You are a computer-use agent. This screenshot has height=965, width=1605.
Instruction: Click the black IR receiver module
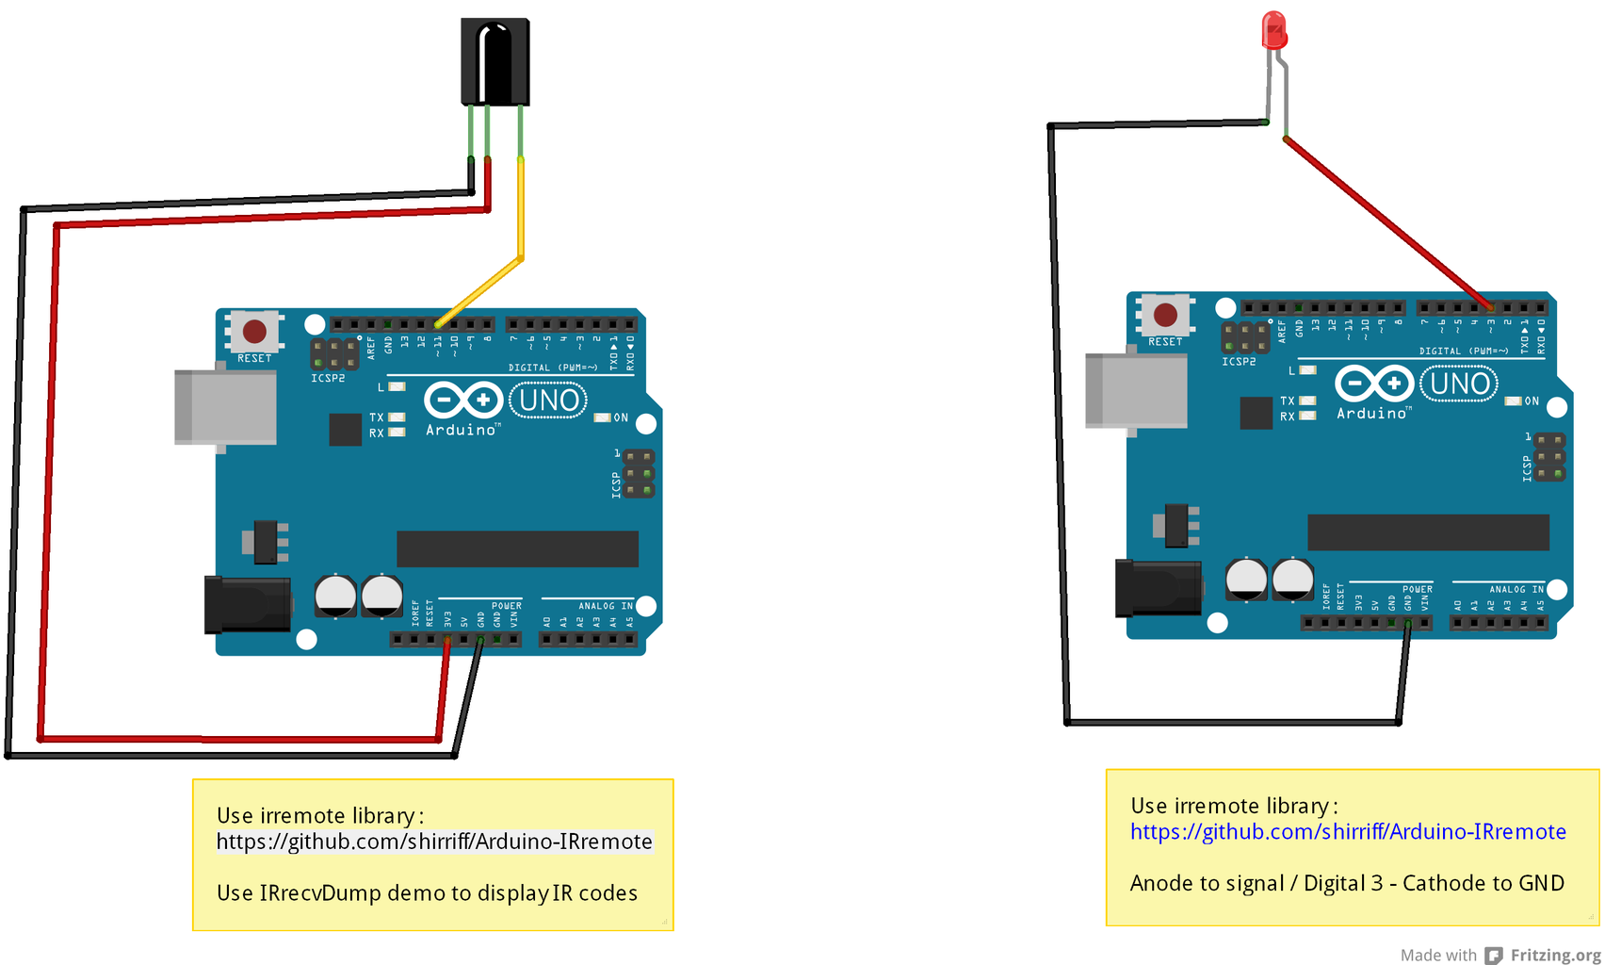(495, 61)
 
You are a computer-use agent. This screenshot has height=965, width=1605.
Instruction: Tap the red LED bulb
(1273, 30)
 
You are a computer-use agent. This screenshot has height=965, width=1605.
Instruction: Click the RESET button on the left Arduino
(254, 332)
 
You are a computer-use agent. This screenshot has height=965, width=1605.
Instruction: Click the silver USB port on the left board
(226, 407)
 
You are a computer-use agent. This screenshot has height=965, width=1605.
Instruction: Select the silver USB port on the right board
(1136, 390)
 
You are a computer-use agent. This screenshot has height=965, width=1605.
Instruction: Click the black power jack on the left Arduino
(247, 604)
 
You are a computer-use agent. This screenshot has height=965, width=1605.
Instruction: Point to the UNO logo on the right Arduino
(1459, 384)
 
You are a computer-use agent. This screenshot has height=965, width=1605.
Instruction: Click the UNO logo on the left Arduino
(548, 401)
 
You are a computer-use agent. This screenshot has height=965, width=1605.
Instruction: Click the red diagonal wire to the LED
(1385, 221)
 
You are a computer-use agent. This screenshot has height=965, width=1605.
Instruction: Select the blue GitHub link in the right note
(1347, 832)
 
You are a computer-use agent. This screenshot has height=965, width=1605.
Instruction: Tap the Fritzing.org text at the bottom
(1554, 955)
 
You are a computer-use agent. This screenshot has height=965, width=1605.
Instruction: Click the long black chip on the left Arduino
(517, 548)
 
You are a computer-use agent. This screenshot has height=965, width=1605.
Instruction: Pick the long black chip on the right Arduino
(1428, 532)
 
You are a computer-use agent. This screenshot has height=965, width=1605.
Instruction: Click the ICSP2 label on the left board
(328, 379)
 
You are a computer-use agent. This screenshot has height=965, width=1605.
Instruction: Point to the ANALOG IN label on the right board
(1516, 589)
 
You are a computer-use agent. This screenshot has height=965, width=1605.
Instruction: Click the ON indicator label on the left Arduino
(621, 417)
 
